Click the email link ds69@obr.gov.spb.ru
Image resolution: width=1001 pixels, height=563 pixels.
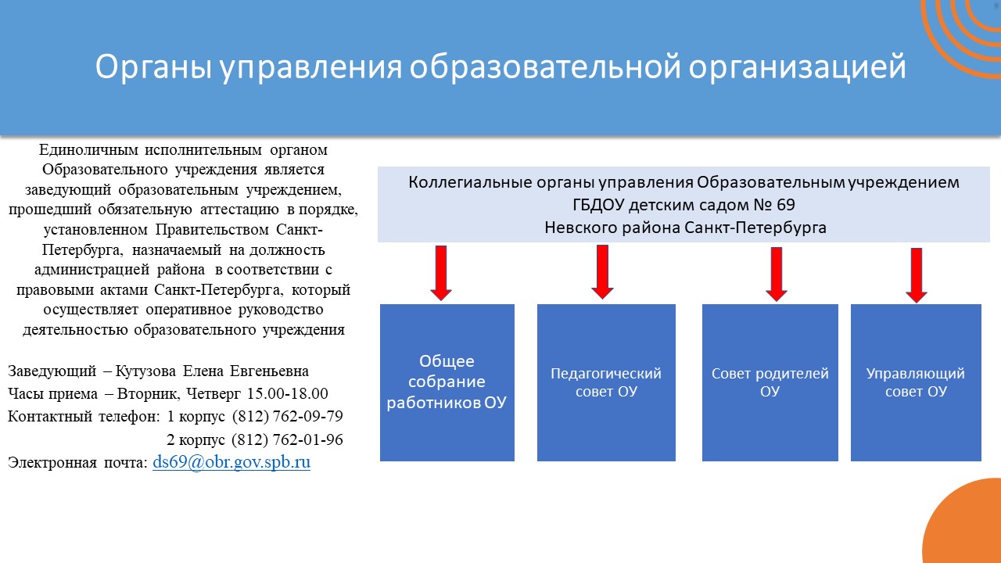(231, 462)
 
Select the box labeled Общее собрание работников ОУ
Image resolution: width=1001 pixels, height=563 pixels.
(447, 382)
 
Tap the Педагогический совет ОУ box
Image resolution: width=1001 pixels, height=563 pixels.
(606, 382)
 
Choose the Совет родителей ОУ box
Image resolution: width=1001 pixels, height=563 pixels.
(770, 382)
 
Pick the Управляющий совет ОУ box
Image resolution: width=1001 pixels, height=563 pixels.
(916, 382)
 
